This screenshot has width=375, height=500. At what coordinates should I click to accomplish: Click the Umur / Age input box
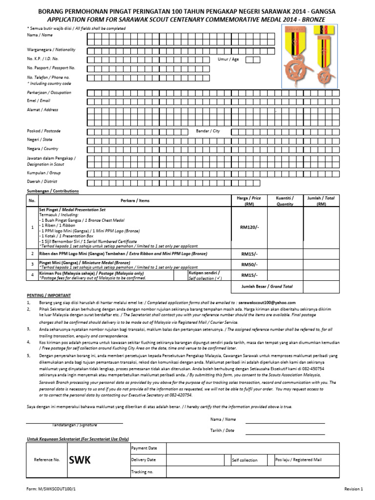point(252,60)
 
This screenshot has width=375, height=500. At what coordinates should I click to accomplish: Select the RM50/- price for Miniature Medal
point(249,264)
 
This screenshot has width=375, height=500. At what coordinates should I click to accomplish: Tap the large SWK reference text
point(80,459)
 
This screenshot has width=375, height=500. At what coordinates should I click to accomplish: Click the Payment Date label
point(144,448)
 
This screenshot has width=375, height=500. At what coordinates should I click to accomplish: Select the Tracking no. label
point(142,472)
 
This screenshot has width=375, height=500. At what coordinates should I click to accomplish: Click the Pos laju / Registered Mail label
point(298,459)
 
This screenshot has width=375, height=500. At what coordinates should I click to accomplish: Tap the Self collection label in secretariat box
point(245,460)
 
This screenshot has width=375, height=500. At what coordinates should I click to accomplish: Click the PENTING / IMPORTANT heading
point(48,295)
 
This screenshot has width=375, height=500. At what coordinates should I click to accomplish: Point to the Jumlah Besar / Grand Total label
point(267,286)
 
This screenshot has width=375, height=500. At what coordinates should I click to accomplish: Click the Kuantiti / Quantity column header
point(285,201)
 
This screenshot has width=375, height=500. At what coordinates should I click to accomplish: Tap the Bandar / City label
point(208,131)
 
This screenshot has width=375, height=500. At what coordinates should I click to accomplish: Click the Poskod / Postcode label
point(44,131)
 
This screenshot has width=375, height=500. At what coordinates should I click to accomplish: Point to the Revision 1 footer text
point(354,488)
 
